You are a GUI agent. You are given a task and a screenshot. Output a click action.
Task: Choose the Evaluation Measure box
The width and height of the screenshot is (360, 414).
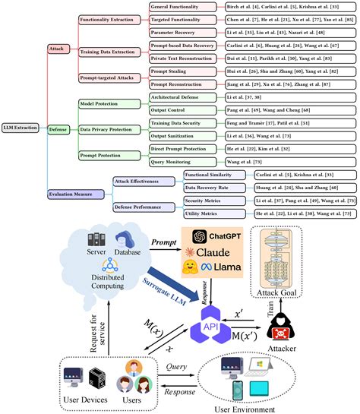76,194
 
